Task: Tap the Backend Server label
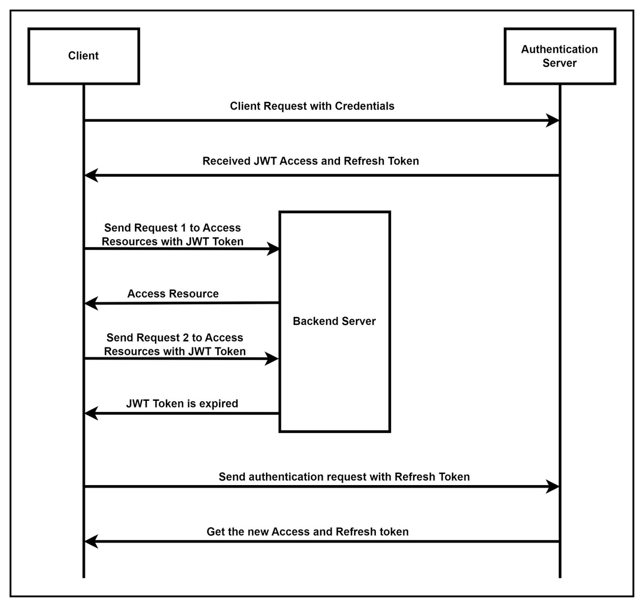334,321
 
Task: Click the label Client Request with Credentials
312,106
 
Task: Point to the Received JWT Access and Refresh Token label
311,161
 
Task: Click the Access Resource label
173,294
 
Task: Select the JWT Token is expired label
182,404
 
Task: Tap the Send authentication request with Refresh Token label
344,477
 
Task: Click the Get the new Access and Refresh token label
307,532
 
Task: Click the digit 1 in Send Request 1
184,228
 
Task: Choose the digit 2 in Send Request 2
186,337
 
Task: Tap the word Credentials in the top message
365,106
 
